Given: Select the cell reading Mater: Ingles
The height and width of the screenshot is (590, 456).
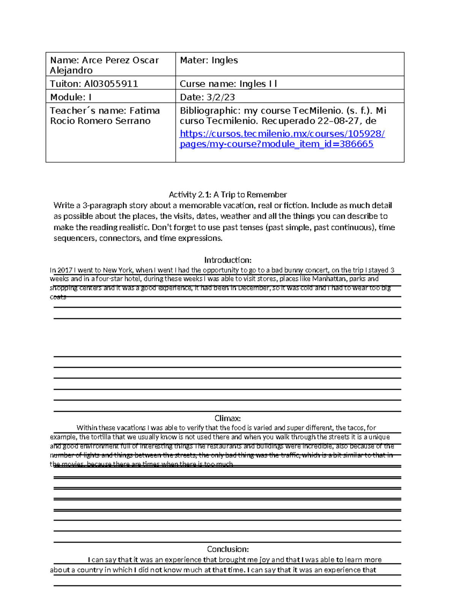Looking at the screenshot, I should [x=209, y=60].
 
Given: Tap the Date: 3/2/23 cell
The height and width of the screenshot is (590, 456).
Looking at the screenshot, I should [x=207, y=97].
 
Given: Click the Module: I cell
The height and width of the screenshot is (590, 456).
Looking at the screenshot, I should [x=71, y=97].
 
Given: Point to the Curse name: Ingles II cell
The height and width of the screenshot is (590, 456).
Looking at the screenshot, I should [x=228, y=84].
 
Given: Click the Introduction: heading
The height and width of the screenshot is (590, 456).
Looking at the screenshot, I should [x=228, y=260].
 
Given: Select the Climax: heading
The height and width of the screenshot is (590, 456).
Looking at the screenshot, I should [x=228, y=418].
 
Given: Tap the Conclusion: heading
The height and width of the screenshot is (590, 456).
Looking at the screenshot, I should [x=228, y=549].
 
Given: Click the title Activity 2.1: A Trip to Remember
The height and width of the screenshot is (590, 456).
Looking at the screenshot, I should [x=228, y=195].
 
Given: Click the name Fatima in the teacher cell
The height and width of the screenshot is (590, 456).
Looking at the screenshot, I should [x=144, y=111].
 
